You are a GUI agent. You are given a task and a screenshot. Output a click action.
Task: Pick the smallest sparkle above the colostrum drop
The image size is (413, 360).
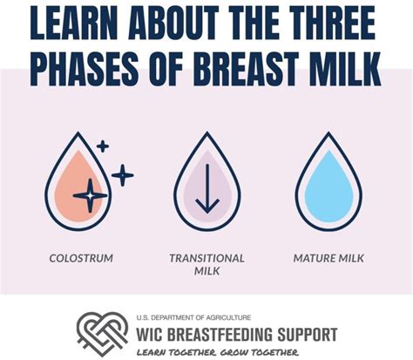point(102,146)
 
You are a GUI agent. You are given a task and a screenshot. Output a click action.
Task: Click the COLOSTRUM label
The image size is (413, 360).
point(81,258)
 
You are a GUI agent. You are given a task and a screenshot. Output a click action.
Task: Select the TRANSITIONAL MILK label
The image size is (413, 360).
point(206,264)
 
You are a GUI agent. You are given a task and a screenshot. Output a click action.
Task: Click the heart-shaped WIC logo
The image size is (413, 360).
point(102,332)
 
